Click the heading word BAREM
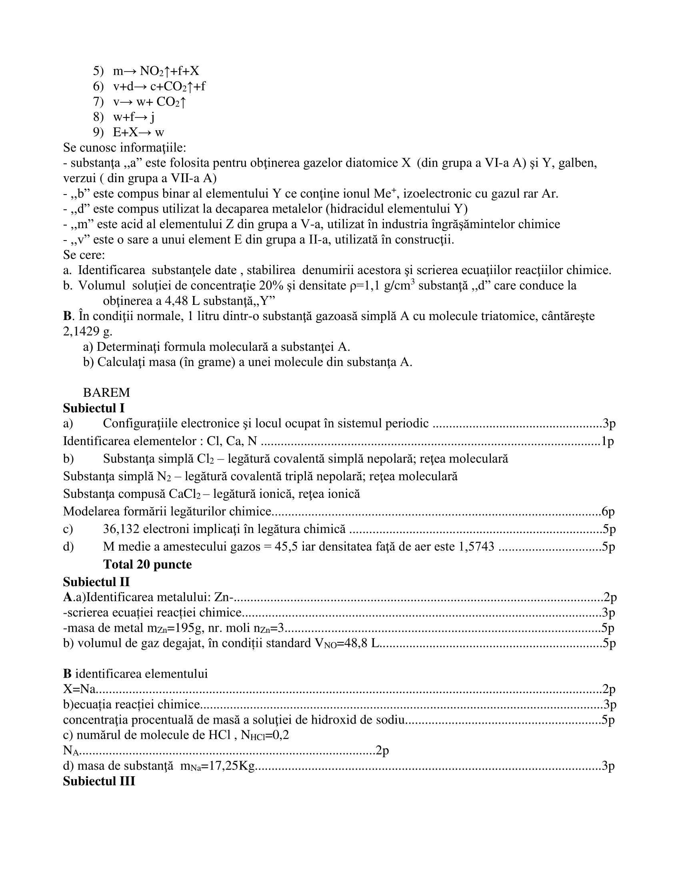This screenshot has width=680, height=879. [106, 392]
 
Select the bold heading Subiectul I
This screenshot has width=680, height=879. [94, 408]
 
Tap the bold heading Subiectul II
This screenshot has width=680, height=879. [96, 582]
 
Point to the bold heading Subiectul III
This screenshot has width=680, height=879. [99, 781]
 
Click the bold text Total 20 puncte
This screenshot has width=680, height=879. [147, 564]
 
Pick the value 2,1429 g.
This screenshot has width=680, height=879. [88, 331]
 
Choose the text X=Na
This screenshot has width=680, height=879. [79, 690]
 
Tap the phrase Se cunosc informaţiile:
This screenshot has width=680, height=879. [124, 148]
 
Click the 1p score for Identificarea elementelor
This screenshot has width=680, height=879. [608, 441]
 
